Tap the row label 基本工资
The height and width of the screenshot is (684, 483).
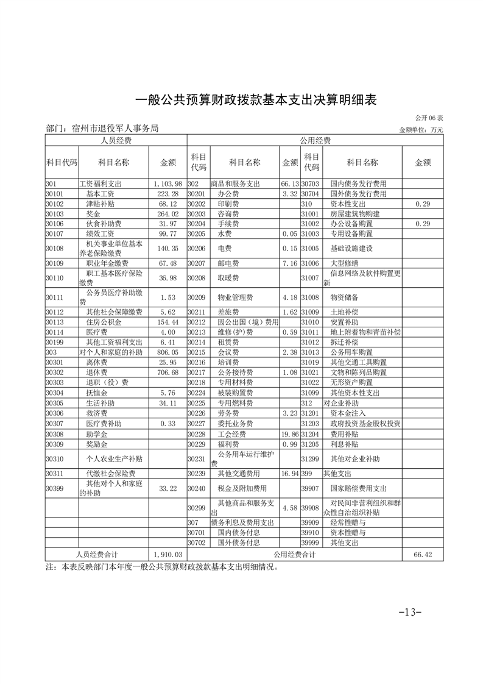pos(100,193)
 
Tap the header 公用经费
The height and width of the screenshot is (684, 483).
pos(315,141)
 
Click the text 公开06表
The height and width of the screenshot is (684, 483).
pos(429,118)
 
